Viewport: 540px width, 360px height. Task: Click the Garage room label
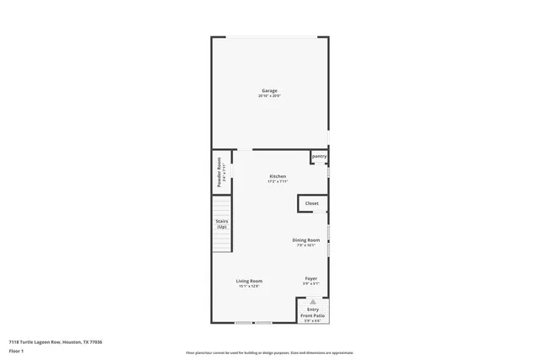(x=268, y=91)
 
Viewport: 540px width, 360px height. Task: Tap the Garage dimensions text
(x=268, y=96)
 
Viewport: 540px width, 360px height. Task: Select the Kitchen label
(x=278, y=176)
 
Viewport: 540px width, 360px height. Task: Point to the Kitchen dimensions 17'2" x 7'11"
(x=278, y=181)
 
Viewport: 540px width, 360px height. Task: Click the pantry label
(x=319, y=156)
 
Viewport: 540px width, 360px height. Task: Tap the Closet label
(x=311, y=203)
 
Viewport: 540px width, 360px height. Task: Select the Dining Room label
(x=305, y=240)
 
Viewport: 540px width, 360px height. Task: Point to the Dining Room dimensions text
(x=305, y=245)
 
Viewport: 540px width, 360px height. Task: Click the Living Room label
(x=249, y=281)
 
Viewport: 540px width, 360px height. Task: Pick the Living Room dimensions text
(x=249, y=286)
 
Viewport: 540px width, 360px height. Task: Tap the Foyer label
(x=310, y=278)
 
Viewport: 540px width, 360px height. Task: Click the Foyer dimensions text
(x=310, y=283)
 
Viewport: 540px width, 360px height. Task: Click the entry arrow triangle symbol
(x=312, y=301)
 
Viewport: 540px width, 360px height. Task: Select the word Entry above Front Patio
(x=312, y=309)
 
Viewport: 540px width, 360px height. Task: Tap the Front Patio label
(x=312, y=315)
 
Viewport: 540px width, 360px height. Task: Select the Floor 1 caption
(x=16, y=351)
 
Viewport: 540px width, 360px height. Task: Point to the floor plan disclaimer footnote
(x=269, y=352)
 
